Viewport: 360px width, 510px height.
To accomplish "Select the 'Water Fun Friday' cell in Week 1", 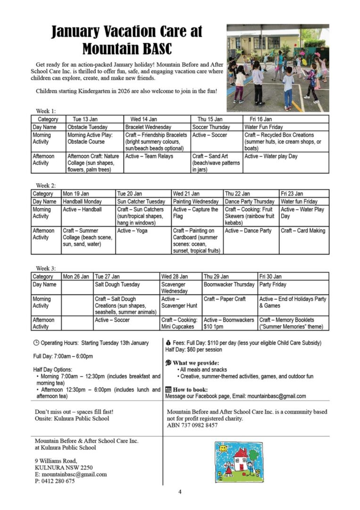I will [264, 127].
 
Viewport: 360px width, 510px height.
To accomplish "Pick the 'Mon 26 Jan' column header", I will [76, 277].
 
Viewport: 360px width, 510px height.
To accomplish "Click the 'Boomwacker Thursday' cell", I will [229, 285].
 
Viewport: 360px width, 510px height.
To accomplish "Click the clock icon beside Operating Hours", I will [36, 343].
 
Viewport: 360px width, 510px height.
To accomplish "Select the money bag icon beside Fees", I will [168, 342].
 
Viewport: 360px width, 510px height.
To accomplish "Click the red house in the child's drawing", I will [241, 459].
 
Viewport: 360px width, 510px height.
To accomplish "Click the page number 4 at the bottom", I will [180, 492].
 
